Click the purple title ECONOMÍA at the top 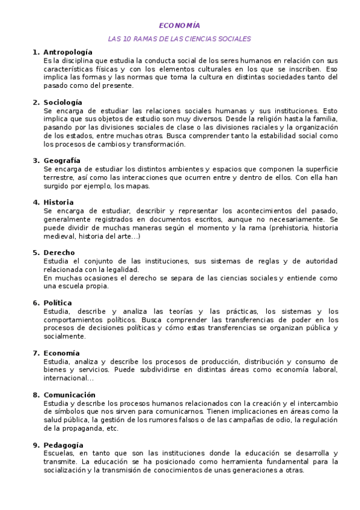pyautogui.click(x=179, y=25)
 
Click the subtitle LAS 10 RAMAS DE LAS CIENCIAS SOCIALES pyautogui.click(x=179, y=38)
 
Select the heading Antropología pyautogui.click(x=68, y=53)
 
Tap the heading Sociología pyautogui.click(x=63, y=103)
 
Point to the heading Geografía pyautogui.click(x=62, y=161)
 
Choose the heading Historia pyautogui.click(x=59, y=202)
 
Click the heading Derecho pyautogui.click(x=59, y=253)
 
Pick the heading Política pyautogui.click(x=58, y=303)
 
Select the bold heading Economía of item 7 pyautogui.click(x=61, y=352)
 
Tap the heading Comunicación pyautogui.click(x=69, y=395)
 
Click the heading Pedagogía pyautogui.click(x=63, y=444)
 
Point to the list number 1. pyautogui.click(x=35, y=53)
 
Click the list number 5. pyautogui.click(x=35, y=253)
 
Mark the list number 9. pyautogui.click(x=35, y=444)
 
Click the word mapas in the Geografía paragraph pyautogui.click(x=139, y=186)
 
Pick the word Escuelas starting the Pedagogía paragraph pyautogui.click(x=59, y=453)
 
